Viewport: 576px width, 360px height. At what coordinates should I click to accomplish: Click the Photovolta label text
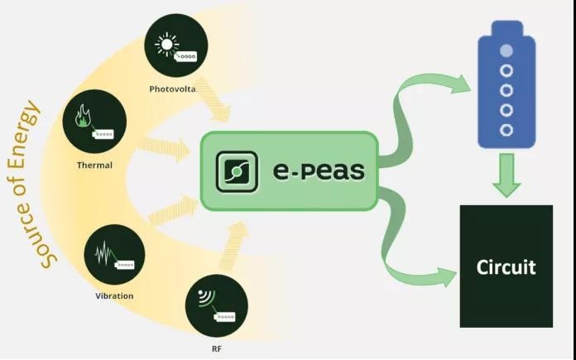(172, 89)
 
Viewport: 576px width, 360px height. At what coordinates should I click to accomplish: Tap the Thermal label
(95, 166)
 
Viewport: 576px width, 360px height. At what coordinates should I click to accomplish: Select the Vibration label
(114, 295)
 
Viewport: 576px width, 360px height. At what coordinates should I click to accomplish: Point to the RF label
(217, 348)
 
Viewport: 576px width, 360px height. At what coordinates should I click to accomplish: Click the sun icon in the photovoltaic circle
(167, 45)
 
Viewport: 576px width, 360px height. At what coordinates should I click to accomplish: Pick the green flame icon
(83, 116)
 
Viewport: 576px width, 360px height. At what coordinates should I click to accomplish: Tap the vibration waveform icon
(105, 253)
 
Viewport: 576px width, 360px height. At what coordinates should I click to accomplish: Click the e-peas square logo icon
(237, 171)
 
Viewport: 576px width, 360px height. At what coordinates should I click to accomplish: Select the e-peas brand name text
(319, 170)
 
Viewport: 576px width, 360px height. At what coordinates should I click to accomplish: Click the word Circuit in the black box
(506, 266)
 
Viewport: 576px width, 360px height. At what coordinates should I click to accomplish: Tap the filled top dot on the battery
(506, 50)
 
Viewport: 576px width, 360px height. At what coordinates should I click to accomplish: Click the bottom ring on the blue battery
(506, 130)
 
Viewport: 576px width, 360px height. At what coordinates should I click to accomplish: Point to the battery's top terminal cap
(507, 28)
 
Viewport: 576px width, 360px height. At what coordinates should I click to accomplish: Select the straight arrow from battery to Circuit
(506, 175)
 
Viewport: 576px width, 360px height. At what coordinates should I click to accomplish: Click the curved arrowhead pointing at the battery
(461, 84)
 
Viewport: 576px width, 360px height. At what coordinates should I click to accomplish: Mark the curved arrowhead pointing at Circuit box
(447, 277)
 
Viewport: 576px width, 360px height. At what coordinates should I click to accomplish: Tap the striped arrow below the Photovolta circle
(214, 99)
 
